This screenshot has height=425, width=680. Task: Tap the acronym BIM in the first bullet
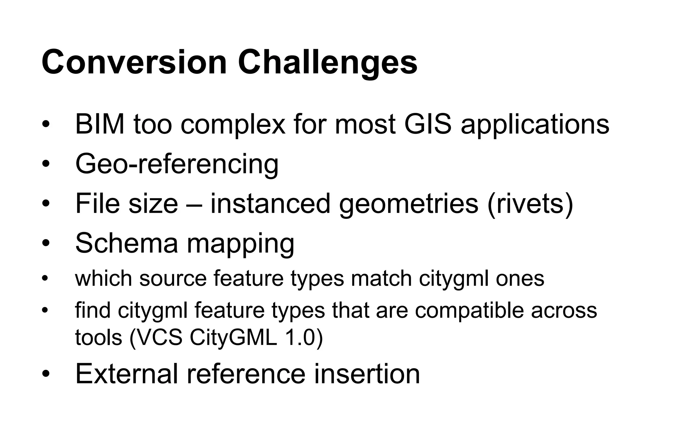pos(100,124)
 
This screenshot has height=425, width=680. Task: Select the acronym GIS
pos(428,124)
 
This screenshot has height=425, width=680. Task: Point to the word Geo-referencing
pos(177,165)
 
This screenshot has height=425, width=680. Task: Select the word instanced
pos(270,204)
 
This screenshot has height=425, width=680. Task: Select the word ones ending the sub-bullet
pos(520,279)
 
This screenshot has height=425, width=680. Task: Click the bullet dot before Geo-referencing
pos(45,164)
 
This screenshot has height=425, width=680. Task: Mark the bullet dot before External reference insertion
pos(45,374)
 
